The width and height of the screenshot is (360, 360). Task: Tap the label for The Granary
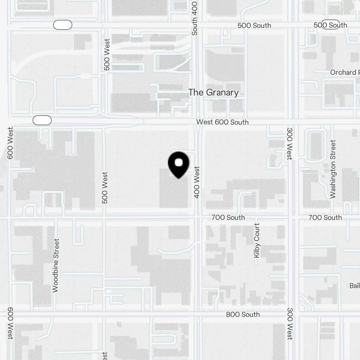[213, 93]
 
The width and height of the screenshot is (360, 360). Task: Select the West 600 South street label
[222, 122]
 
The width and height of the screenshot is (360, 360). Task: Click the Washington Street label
[333, 169]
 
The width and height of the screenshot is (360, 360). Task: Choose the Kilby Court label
[257, 240]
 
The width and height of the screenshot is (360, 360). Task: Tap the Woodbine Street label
[55, 265]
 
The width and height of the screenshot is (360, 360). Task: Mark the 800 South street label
[243, 314]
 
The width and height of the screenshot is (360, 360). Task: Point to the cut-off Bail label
[354, 286]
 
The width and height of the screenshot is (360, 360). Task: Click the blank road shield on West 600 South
[42, 120]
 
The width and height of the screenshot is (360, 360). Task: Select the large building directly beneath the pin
[174, 191]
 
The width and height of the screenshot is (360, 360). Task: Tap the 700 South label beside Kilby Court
[228, 217]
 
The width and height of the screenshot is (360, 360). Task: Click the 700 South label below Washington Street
[325, 217]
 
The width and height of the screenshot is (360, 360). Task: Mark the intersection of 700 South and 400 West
[197, 217]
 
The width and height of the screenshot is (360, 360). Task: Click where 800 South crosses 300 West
[291, 314]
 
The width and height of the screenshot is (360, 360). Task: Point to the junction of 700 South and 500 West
[104, 217]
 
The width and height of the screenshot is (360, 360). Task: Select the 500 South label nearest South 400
[254, 26]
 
